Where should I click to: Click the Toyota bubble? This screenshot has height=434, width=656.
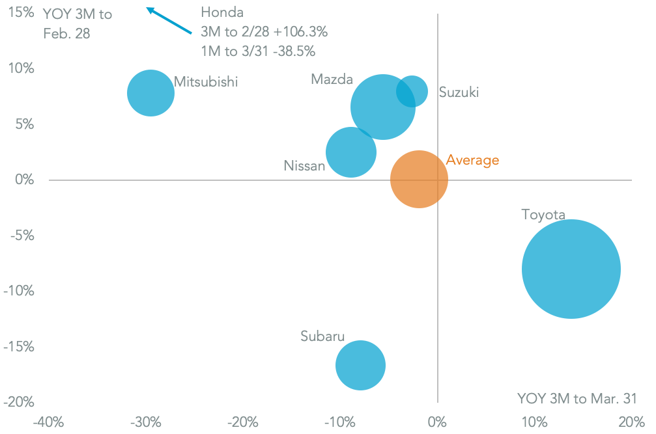pos(571,269)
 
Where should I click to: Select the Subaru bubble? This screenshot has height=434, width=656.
pos(360,365)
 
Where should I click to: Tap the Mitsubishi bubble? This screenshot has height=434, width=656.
pos(150,92)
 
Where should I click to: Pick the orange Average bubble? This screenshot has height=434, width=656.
pos(419,179)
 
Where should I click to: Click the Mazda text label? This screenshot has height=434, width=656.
pos(332,79)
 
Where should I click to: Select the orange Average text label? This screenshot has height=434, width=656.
pos(472,160)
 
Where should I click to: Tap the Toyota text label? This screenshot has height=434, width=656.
pos(543,214)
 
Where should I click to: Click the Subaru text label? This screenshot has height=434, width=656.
pos(322,336)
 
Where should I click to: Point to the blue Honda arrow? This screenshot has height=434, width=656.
pos(169,21)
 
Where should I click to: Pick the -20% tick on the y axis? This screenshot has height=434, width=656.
pos(20,401)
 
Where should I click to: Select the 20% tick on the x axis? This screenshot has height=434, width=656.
pos(631,422)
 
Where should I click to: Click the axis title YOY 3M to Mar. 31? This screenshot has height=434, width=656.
pos(577,398)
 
